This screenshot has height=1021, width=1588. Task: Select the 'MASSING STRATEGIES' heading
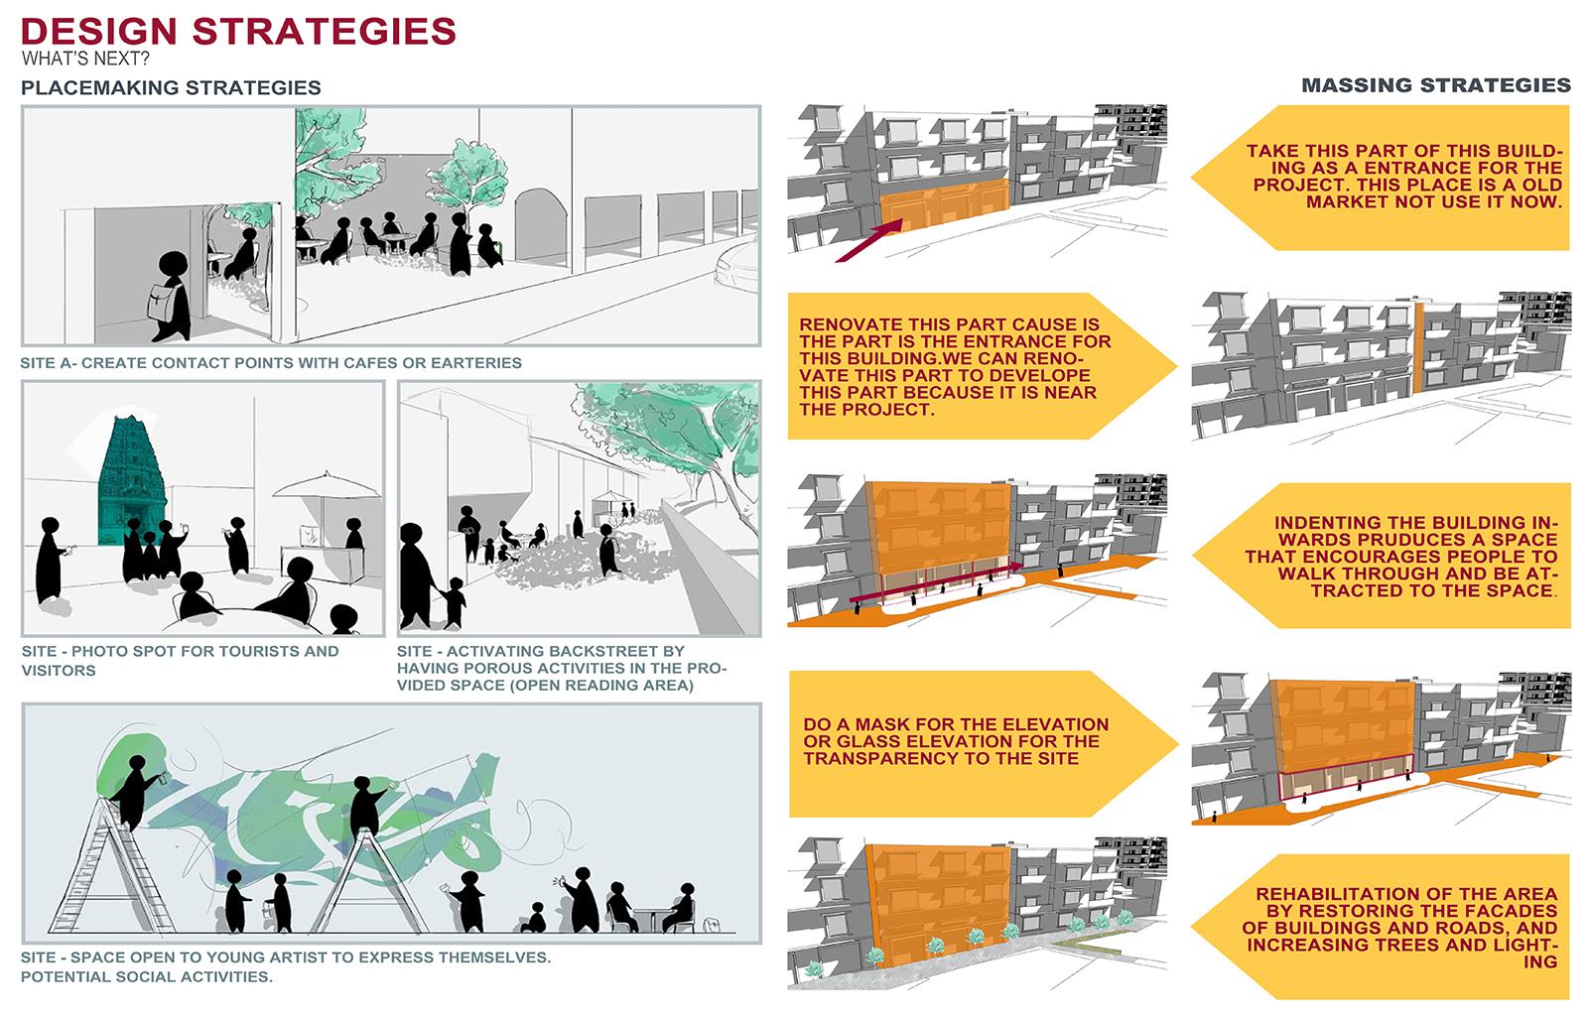[x=1435, y=85]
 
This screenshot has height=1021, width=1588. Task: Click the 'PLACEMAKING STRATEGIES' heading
[x=171, y=87]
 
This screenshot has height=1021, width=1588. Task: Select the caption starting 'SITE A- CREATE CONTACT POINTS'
[x=270, y=363]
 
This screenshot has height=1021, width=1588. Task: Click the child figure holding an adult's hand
[x=455, y=598]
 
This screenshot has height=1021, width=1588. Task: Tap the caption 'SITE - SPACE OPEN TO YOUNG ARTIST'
[x=285, y=957]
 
